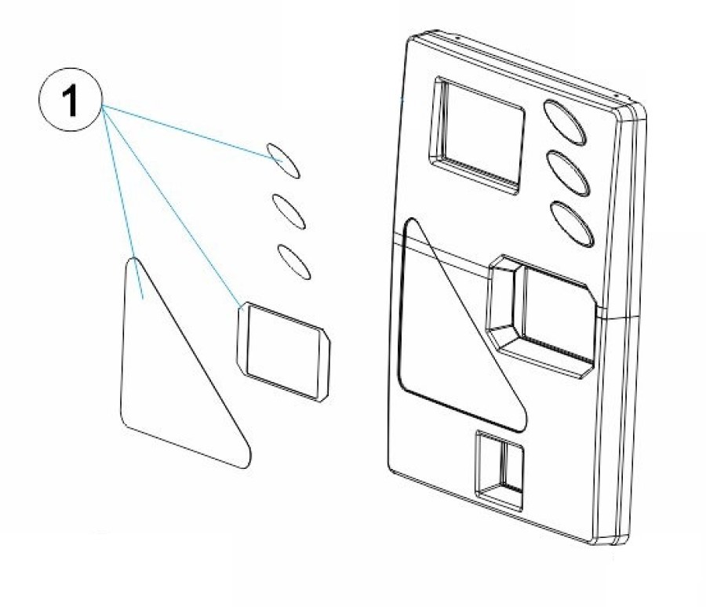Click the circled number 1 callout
71,100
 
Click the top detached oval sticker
283,161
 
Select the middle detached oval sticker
289,211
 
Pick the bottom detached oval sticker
294,262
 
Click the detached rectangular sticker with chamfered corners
283,351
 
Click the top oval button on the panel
565,122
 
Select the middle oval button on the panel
568,173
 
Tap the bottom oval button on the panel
572,224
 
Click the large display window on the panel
477,136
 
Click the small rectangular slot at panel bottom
500,471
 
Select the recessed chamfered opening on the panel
540,316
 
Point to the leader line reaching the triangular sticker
123,202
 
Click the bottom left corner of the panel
390,470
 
